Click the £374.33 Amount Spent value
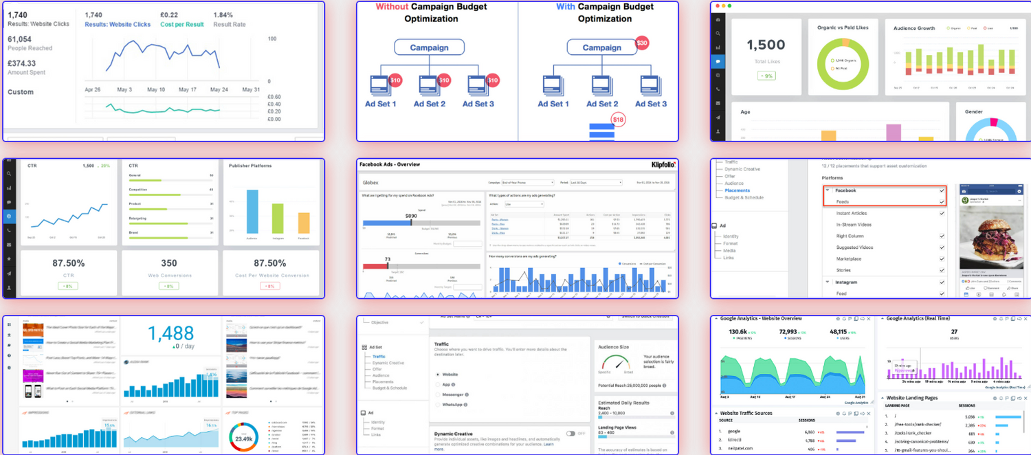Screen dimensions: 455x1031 21,63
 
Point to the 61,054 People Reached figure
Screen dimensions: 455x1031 19,39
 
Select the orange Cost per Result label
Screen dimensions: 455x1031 182,25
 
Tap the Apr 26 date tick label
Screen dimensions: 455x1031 93,90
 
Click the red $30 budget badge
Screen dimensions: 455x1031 642,43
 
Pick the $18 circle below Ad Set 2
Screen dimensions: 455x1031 619,120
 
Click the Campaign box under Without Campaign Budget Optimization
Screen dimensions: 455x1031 429,47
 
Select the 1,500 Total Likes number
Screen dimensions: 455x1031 766,45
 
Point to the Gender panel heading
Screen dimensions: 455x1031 974,111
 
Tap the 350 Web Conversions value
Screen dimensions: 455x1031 169,263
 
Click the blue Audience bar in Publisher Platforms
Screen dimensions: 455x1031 252,212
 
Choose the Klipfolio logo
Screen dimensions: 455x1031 663,165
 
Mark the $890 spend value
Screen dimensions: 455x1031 411,216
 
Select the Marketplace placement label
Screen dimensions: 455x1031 848,259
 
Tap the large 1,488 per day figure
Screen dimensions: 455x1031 170,334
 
